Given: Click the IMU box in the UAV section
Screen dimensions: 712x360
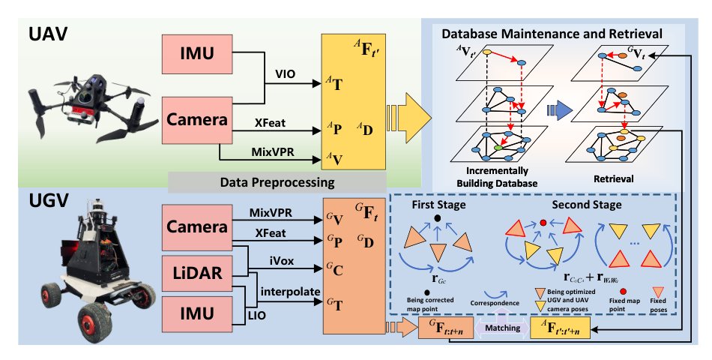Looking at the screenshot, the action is tap(197, 54).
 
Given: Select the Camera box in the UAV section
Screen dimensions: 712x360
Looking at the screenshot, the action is tap(197, 120).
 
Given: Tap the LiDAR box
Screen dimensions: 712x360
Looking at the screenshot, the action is tap(197, 273).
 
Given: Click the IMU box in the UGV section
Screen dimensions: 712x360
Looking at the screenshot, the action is tap(197, 313).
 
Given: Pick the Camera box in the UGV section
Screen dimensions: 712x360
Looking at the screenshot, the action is tap(197, 226).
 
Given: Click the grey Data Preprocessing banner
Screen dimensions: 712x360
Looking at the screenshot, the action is tap(277, 183).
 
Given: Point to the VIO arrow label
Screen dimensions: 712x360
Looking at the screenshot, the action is tap(285, 73).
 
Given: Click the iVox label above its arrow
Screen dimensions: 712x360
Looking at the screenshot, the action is tap(282, 261).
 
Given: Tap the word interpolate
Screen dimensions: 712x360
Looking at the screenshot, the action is tap(290, 292).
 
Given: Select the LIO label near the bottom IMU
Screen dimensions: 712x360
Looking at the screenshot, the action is tap(257, 316).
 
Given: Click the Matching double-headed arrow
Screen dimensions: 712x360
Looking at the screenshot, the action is tap(502, 327).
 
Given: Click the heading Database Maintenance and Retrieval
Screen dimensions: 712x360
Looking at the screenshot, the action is tap(552, 34).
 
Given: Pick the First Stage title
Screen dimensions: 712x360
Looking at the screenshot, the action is tap(438, 205).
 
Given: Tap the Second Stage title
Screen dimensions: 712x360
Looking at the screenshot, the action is tap(587, 205).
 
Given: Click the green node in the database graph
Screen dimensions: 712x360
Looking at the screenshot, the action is tap(498, 148).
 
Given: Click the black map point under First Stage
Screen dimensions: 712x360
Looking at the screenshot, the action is tap(437, 218).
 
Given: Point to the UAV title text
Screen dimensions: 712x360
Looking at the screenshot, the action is tap(48, 34).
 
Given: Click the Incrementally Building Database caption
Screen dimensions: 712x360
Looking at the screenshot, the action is tap(497, 177).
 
